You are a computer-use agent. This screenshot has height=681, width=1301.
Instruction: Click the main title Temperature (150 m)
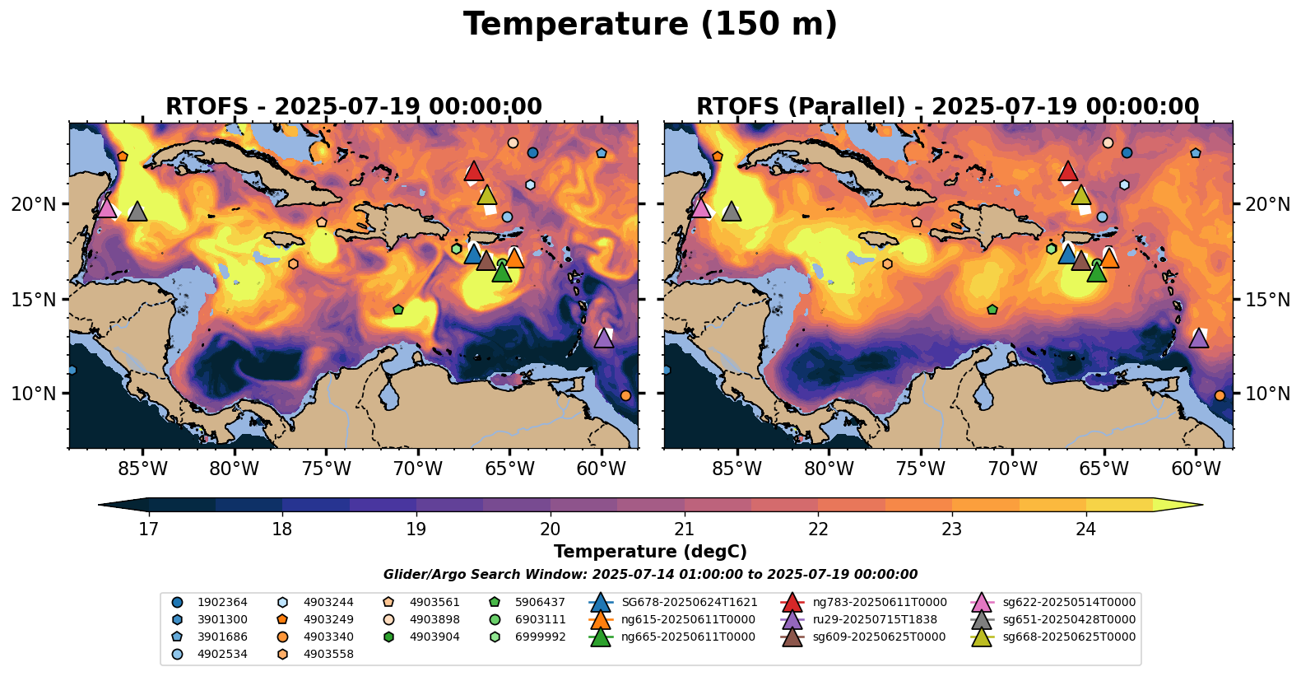pyautogui.click(x=650, y=25)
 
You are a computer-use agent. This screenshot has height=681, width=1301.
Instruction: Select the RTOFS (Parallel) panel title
pyautogui.click(x=947, y=107)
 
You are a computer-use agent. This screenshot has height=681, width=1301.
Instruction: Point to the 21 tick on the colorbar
pyautogui.click(x=684, y=529)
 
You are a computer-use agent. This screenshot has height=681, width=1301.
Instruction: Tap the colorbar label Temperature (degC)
pyautogui.click(x=650, y=552)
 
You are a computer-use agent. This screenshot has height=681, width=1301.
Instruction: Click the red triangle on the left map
pyautogui.click(x=473, y=171)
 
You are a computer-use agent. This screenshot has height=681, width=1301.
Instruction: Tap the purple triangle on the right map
pyautogui.click(x=1198, y=338)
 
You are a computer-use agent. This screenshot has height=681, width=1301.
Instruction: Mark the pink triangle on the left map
pyautogui.click(x=106, y=208)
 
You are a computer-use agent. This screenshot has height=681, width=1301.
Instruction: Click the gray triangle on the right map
pyautogui.click(x=731, y=212)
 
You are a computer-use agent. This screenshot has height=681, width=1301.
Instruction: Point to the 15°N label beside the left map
pyautogui.click(x=34, y=299)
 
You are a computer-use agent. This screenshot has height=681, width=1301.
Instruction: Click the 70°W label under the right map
pyautogui.click(x=1012, y=469)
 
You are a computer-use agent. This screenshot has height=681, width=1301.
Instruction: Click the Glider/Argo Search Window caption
pyautogui.click(x=650, y=575)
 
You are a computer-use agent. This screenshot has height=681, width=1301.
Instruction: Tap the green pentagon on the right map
pyautogui.click(x=992, y=310)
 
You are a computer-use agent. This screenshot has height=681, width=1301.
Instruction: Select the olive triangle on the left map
pyautogui.click(x=487, y=195)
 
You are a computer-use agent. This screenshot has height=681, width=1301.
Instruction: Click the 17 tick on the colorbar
pyautogui.click(x=148, y=529)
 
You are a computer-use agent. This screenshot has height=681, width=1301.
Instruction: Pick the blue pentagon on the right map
pyautogui.click(x=1196, y=153)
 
